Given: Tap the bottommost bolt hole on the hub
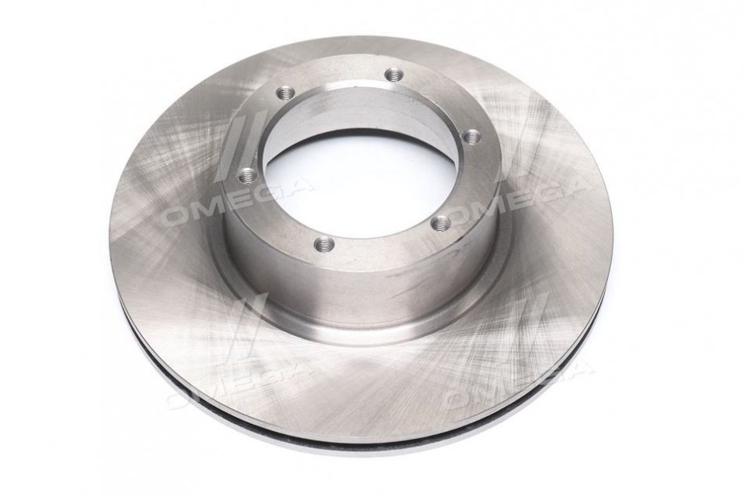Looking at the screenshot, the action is pyautogui.click(x=324, y=244).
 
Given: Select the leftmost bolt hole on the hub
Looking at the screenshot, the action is pyautogui.click(x=247, y=177).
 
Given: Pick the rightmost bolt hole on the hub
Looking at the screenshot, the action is pyautogui.click(x=471, y=136).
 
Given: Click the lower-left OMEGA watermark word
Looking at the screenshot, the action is pyautogui.click(x=238, y=384).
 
